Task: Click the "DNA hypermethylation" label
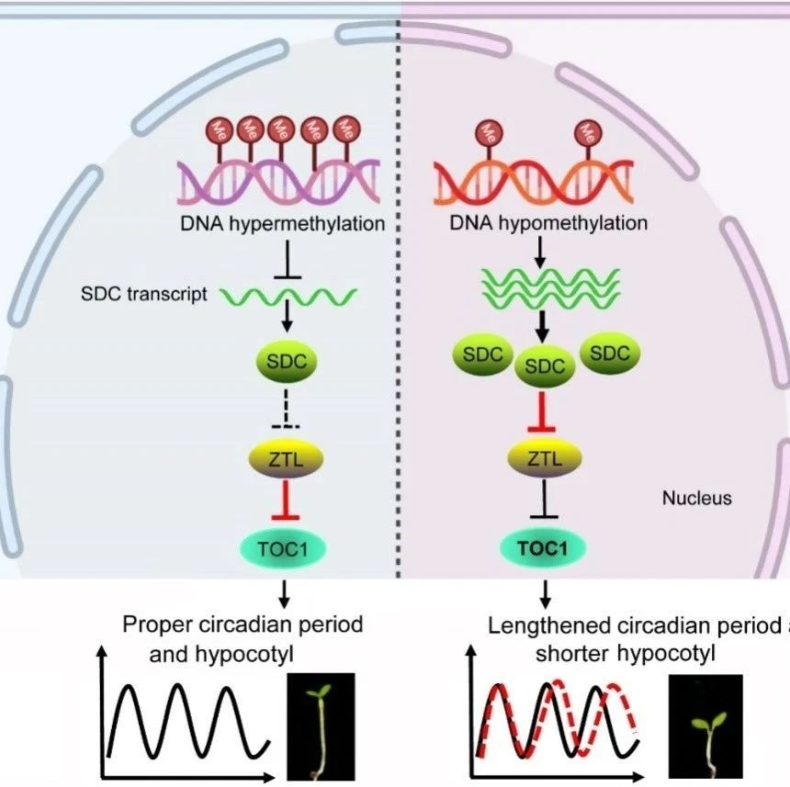(x=281, y=223)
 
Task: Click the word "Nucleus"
(x=696, y=498)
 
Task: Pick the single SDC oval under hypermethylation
(x=284, y=362)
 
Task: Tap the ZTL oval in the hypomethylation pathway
(x=545, y=457)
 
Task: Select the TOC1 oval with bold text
(x=545, y=549)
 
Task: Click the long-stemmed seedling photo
(x=322, y=725)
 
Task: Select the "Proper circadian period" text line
(x=243, y=624)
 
